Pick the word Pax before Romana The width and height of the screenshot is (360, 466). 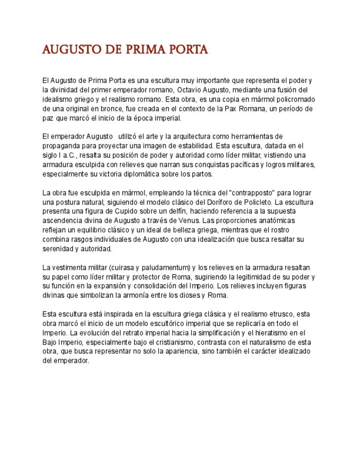(x=230, y=109)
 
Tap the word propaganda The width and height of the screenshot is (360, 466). (x=61, y=146)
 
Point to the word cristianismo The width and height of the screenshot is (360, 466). (x=175, y=342)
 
